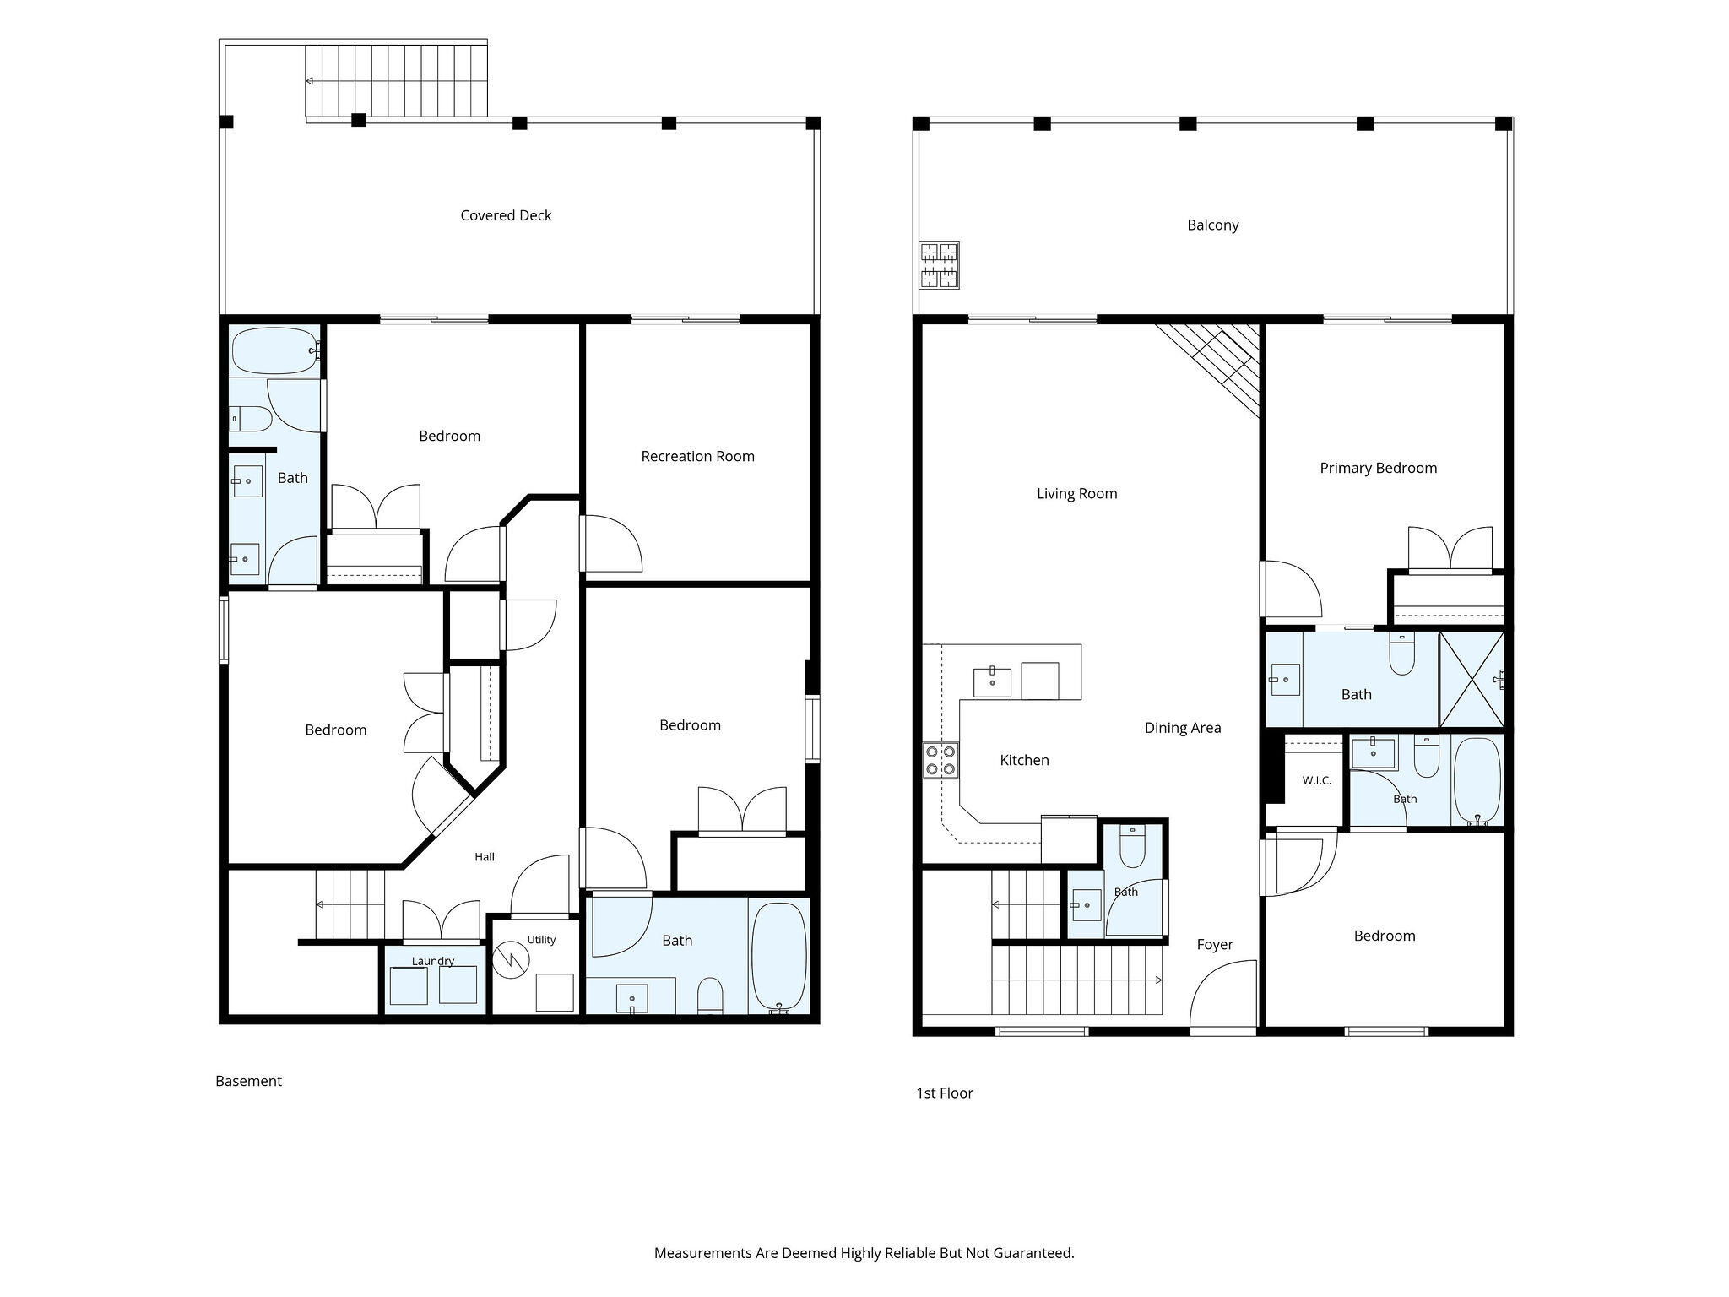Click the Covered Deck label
pyautogui.click(x=506, y=215)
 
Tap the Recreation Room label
pyautogui.click(x=697, y=456)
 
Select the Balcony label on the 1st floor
pyautogui.click(x=1212, y=225)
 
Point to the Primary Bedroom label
pyautogui.click(x=1378, y=468)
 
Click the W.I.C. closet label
pyautogui.click(x=1316, y=780)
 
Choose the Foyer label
pyautogui.click(x=1215, y=945)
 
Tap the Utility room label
pyautogui.click(x=541, y=940)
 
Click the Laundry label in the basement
pyautogui.click(x=433, y=961)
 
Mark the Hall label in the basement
pyautogui.click(x=485, y=857)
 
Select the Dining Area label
pyautogui.click(x=1183, y=728)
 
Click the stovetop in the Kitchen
pyautogui.click(x=940, y=759)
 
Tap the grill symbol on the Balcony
pyautogui.click(x=940, y=265)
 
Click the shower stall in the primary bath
pyautogui.click(x=1472, y=679)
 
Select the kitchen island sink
pyautogui.click(x=992, y=682)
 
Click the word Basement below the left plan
pyautogui.click(x=248, y=1081)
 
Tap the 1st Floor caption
pyautogui.click(x=945, y=1093)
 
